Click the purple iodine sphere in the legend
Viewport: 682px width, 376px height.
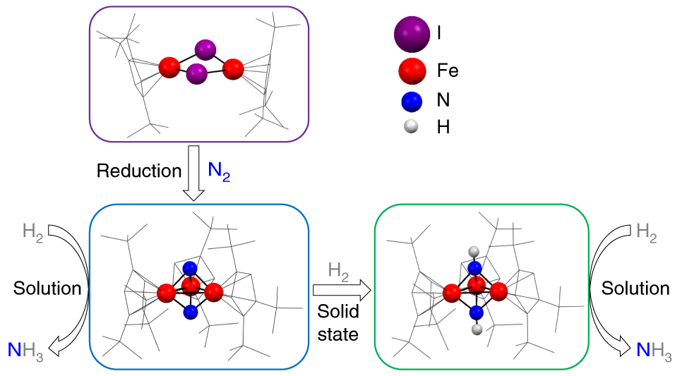pos(412,34)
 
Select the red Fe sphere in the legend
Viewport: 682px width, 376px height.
pos(412,71)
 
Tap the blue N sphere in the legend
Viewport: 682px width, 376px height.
pos(412,102)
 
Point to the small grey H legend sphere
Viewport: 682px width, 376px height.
pos(411,126)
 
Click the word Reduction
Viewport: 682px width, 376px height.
pos(139,171)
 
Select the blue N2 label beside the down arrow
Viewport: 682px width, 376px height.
pos(219,171)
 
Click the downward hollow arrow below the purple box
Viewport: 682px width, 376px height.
pos(193,173)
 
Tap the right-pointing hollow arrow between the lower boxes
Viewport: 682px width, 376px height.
pos(342,290)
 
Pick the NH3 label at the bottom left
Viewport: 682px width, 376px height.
pos(25,351)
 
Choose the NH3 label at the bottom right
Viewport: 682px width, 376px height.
pos(654,351)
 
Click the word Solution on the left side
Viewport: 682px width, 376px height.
pos(47,289)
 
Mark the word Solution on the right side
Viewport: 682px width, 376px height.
pos(635,289)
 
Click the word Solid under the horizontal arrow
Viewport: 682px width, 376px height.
pos(338,311)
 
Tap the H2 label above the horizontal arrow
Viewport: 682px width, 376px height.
pos(338,272)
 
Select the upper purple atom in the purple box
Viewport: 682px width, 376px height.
pos(205,49)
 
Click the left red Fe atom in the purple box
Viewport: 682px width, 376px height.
pos(169,68)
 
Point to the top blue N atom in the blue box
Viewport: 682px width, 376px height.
pos(190,268)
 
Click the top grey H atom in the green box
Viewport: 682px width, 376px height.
pos(474,251)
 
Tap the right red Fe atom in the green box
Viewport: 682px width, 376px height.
pos(498,291)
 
